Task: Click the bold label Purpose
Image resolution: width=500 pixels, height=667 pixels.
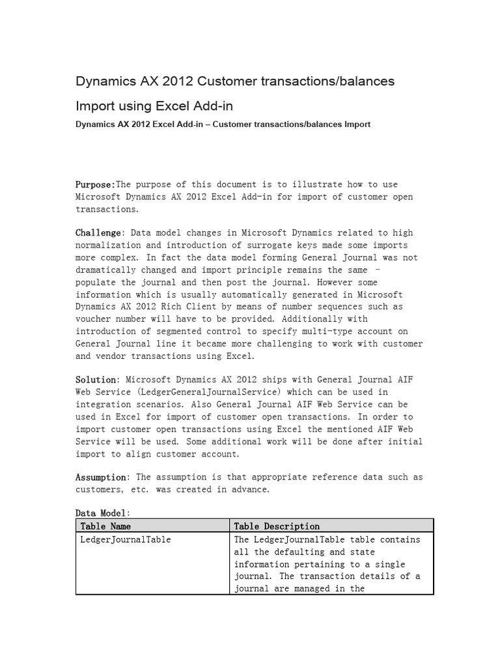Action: click(94, 184)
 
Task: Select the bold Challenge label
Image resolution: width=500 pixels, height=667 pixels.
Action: click(98, 233)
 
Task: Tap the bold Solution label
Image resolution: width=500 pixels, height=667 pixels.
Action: click(96, 380)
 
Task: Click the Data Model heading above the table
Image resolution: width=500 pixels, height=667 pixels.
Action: click(102, 513)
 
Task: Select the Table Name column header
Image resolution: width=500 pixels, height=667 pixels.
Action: click(105, 526)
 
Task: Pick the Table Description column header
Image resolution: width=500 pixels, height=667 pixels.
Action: click(277, 526)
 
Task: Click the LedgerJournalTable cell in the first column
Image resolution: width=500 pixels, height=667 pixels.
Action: click(126, 539)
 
